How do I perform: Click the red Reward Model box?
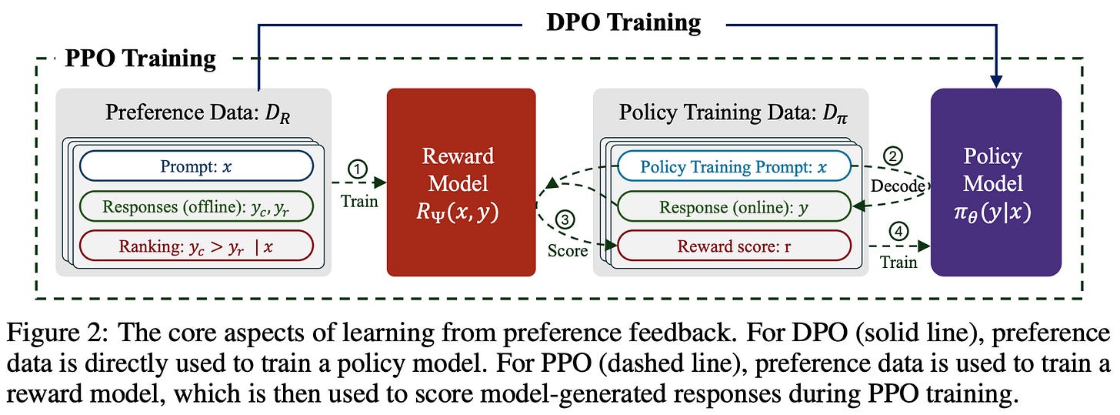(x=460, y=182)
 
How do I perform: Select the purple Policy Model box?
(x=995, y=182)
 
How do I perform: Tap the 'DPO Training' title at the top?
(x=623, y=22)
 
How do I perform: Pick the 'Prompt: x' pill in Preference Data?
(x=195, y=166)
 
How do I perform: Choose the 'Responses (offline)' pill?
(x=195, y=206)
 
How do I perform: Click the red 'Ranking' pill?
(x=195, y=246)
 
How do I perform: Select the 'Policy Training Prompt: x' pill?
(x=735, y=166)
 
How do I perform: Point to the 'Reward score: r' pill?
(x=735, y=246)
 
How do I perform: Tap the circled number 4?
(x=897, y=230)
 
